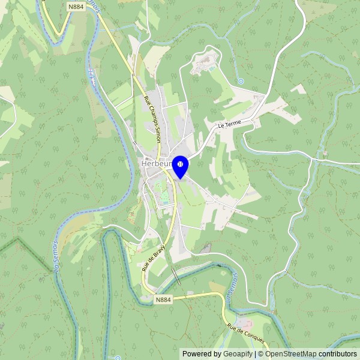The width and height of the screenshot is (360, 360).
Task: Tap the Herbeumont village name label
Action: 155,163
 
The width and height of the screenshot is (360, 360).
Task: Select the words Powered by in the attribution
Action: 202,354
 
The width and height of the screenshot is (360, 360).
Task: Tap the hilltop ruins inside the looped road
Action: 205,62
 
